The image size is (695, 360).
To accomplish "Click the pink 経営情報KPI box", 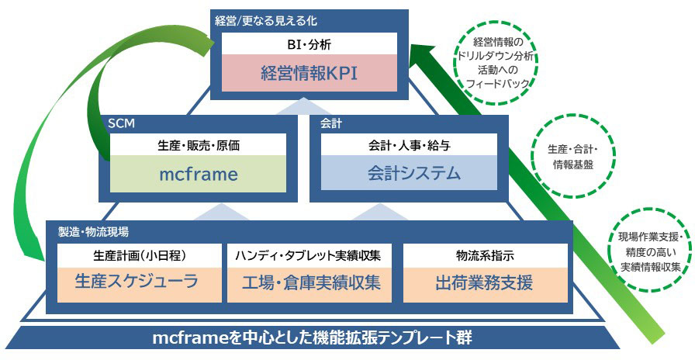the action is tap(309, 73).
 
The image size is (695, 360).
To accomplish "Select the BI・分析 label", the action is tap(309, 44).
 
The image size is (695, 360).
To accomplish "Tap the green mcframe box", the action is tap(198, 174).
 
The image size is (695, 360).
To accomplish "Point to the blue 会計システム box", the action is tap(409, 173).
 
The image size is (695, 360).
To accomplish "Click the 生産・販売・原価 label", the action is tap(198, 145).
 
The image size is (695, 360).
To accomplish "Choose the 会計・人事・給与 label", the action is tap(409, 145).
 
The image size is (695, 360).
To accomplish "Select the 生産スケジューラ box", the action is tap(139, 285).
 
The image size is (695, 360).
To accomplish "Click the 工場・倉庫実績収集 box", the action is tap(309, 285).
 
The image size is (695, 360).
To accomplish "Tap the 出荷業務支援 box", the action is tap(485, 285).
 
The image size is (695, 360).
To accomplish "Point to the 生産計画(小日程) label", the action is tap(139, 255).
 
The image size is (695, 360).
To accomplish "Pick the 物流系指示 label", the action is tap(485, 255).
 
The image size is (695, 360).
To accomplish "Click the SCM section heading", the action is tap(121, 123).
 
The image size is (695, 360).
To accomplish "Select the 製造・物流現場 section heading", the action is tap(94, 231).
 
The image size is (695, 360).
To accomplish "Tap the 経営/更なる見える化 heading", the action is tap(266, 21).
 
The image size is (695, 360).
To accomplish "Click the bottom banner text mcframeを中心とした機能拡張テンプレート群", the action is tap(312, 338).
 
